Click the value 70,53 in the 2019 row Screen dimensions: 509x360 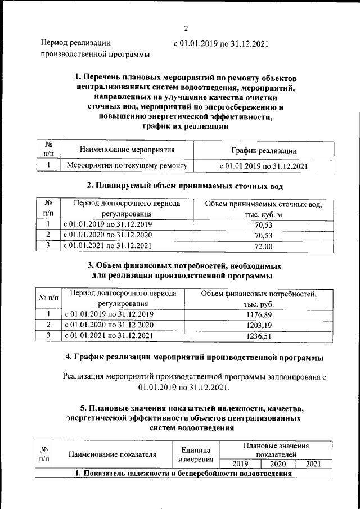coord(263,224)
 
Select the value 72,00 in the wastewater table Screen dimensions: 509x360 coord(263,246)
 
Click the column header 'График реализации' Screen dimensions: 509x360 coord(264,150)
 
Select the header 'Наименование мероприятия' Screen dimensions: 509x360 coord(127,150)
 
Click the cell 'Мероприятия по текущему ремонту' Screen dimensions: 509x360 coord(127,166)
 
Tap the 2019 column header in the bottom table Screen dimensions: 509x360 coord(240,464)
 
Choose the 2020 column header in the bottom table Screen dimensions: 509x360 coord(278,464)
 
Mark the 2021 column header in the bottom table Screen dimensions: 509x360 coord(314,464)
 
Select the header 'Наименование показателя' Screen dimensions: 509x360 coord(112,455)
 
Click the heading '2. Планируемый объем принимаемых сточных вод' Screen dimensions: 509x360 coord(184,185)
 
